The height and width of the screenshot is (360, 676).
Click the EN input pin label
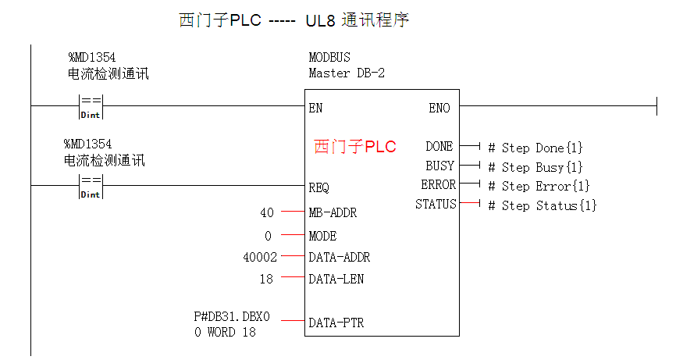[x=315, y=109]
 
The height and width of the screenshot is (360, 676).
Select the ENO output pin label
[x=439, y=109]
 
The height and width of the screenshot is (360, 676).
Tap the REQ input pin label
[x=318, y=188]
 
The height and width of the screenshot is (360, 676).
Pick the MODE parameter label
[x=322, y=236]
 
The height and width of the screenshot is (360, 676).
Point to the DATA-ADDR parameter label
[x=340, y=256]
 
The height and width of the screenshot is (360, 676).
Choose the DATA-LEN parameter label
[x=336, y=279]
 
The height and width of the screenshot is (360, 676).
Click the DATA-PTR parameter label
[x=336, y=322]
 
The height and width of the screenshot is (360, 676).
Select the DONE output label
[x=439, y=147]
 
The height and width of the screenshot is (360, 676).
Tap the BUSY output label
[x=439, y=166]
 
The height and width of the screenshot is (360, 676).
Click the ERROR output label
[x=438, y=185]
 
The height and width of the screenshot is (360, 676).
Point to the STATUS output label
[x=436, y=205]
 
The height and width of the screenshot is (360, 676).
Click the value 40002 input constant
[x=260, y=256]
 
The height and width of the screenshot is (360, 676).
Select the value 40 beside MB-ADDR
[x=266, y=212]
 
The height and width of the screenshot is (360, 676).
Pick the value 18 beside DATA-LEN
[x=266, y=279]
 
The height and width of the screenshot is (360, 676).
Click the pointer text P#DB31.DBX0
[x=231, y=316]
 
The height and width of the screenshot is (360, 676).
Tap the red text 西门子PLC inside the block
[x=355, y=147]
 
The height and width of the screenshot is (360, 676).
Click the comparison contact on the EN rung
[x=91, y=105]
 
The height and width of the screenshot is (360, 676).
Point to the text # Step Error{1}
[x=539, y=186]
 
